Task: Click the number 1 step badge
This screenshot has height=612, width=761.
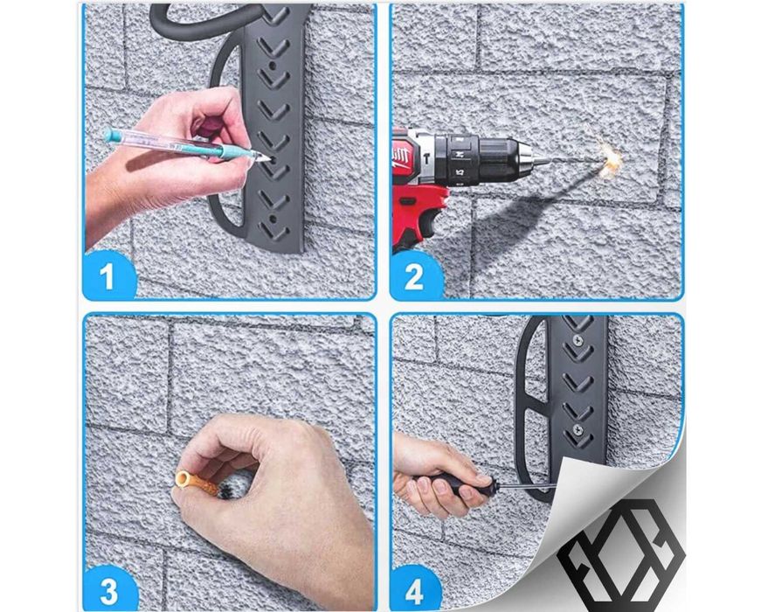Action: [107, 275]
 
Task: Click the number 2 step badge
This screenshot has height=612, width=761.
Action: [414, 276]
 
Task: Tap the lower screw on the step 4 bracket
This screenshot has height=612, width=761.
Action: [577, 429]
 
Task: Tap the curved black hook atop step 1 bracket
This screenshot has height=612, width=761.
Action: [194, 19]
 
